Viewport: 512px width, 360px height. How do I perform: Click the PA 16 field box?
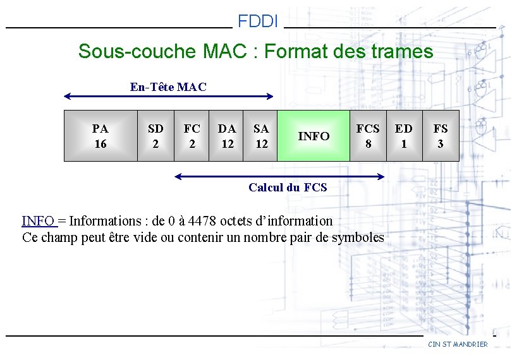point(101,136)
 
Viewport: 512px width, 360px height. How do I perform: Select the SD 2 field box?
point(155,136)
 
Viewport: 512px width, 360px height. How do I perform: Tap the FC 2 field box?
point(192,136)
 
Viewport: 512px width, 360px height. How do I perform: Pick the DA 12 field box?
point(227,136)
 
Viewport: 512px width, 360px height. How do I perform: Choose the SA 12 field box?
point(261,136)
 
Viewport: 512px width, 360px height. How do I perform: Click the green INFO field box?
point(314,136)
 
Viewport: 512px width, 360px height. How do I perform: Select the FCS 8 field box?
point(368,136)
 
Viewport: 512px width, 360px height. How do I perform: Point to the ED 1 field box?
point(404,136)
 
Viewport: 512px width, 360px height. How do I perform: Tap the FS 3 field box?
point(441,136)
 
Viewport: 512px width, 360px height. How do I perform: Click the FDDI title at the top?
point(258,22)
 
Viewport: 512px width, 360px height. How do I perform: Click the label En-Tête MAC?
point(168,87)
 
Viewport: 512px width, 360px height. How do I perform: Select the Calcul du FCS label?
point(288,187)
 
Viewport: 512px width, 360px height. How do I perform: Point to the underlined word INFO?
point(38,221)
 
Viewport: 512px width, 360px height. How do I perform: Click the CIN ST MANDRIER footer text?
point(458,344)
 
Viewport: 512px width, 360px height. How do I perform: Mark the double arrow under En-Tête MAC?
point(169,97)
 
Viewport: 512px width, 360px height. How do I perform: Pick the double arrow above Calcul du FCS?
point(279,176)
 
